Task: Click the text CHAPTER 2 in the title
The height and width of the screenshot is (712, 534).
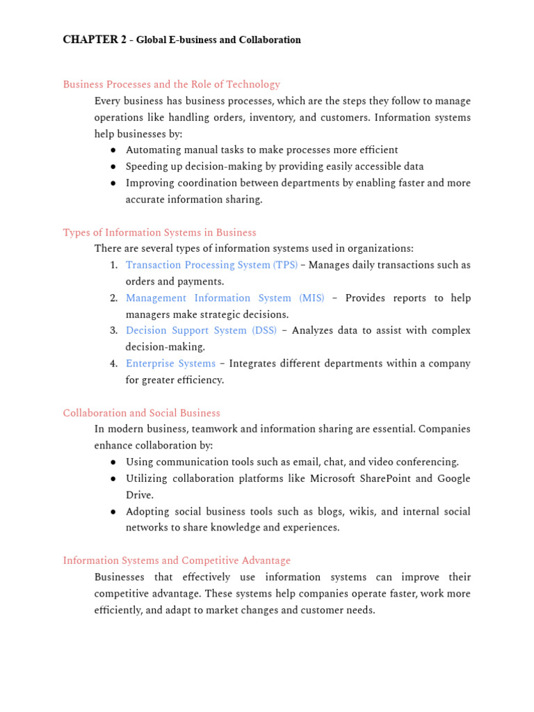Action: pos(90,40)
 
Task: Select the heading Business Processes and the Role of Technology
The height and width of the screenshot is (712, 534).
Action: pos(171,84)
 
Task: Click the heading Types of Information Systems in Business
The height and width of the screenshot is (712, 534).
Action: pos(159,232)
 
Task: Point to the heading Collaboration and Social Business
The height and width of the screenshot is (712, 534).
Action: pos(141,413)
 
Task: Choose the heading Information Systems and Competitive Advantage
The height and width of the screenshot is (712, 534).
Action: pos(177,560)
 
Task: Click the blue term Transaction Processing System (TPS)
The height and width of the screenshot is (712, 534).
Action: pos(211,265)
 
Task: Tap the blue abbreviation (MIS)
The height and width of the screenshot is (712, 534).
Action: pos(311,298)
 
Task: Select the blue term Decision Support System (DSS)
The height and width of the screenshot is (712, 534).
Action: pos(201,330)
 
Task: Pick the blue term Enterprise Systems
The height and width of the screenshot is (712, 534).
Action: pos(170,364)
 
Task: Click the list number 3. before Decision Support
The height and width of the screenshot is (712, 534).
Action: pos(113,330)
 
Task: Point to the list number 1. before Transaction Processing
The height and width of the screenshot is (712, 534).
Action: pos(113,265)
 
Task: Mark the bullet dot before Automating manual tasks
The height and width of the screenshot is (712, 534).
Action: pos(113,150)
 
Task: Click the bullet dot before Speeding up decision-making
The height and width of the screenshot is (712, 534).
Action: pos(113,167)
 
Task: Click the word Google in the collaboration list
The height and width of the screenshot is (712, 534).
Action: pos(453,478)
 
